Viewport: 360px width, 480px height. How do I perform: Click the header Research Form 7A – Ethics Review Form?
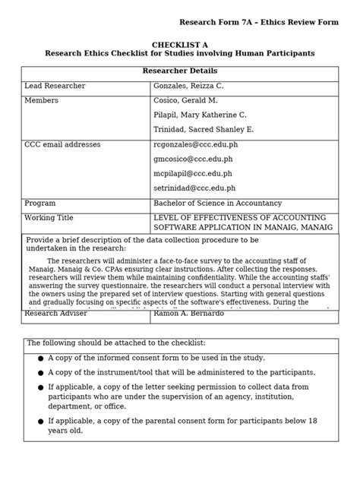[x=258, y=22]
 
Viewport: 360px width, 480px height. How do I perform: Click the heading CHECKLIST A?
[x=179, y=45]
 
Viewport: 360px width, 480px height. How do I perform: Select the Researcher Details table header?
[x=179, y=71]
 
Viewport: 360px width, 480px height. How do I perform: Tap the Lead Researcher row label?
[x=55, y=87]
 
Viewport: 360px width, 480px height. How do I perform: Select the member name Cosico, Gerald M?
[x=185, y=100]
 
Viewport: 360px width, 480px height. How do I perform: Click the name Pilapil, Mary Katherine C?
[x=200, y=115]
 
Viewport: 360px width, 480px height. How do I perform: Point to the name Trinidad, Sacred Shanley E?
[x=204, y=129]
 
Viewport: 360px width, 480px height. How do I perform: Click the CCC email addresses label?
[x=62, y=144]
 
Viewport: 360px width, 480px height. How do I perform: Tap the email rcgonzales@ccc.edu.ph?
[x=196, y=144]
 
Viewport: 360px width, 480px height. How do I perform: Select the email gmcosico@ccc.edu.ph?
[x=193, y=159]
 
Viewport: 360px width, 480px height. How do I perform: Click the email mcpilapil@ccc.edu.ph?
[x=193, y=173]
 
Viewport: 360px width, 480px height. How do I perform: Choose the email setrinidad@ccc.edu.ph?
[x=194, y=188]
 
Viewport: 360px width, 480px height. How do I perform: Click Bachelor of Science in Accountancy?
[x=217, y=204]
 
